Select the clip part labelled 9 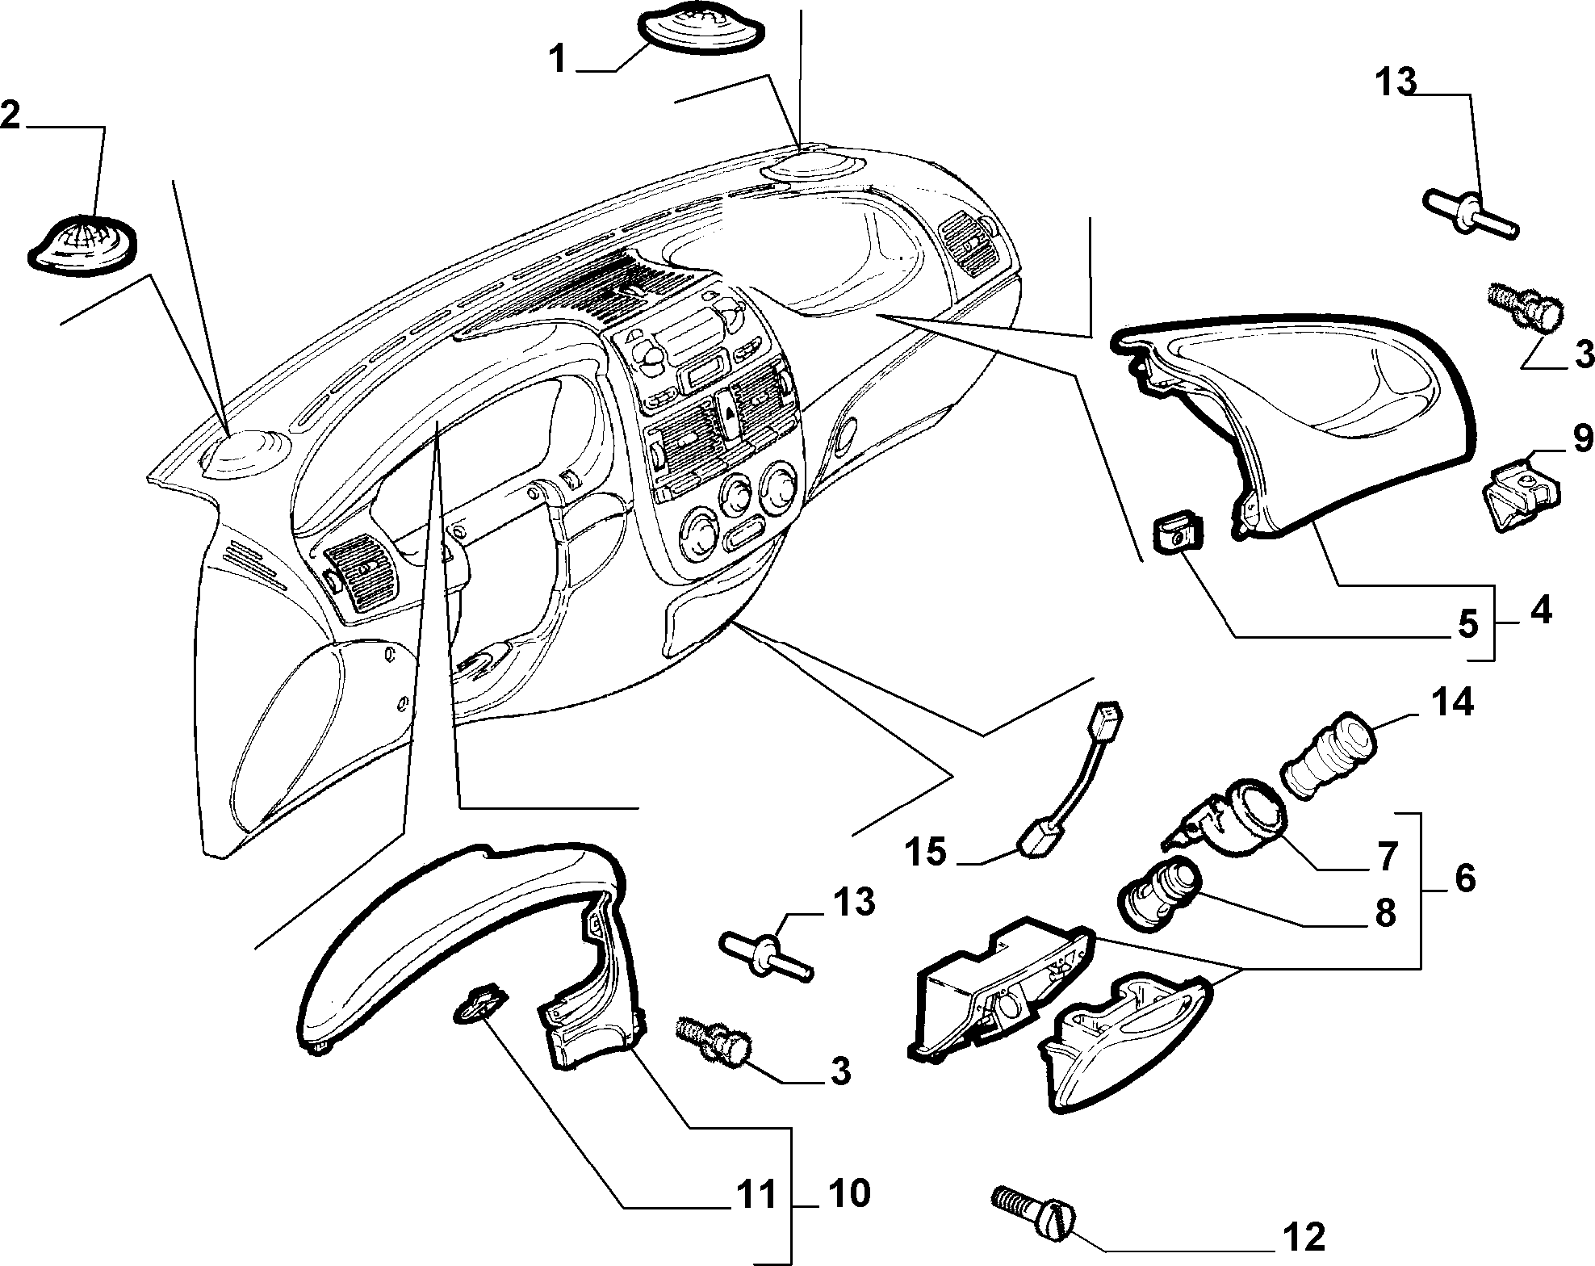(1522, 494)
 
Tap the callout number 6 (1463, 878)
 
